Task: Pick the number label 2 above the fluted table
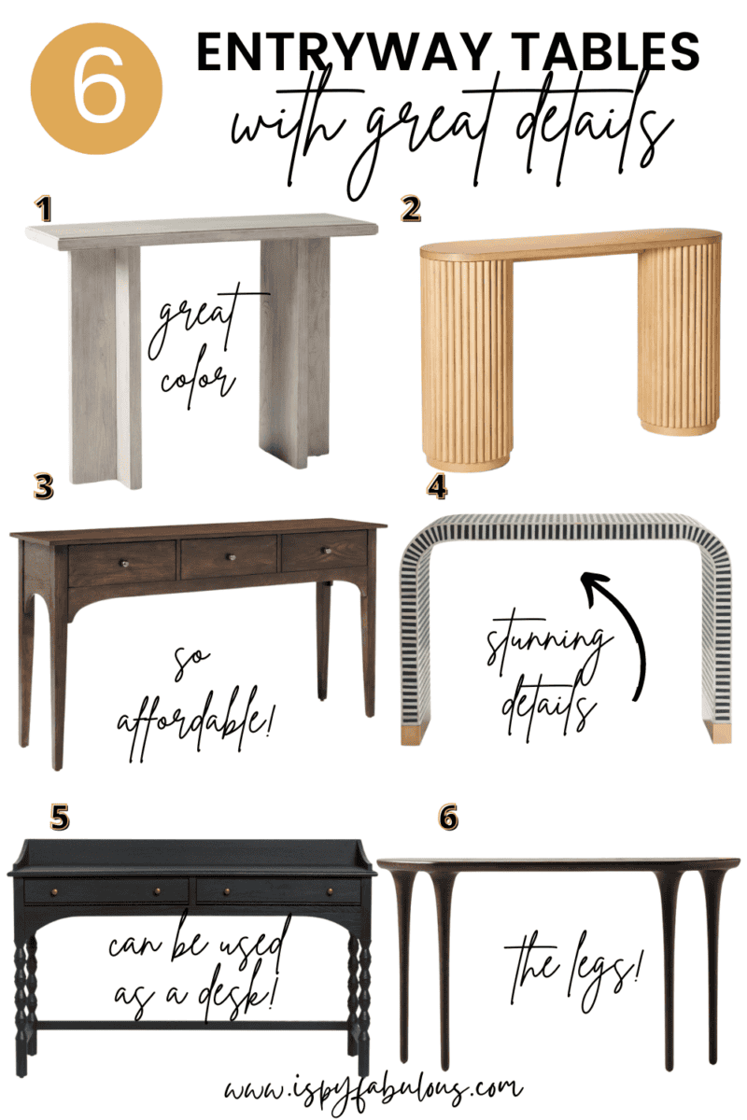point(410,209)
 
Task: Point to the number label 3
point(44,486)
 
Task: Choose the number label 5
point(59,819)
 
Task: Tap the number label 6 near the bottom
point(448,819)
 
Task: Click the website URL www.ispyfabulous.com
point(373,1088)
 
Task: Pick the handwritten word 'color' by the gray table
point(194,379)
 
